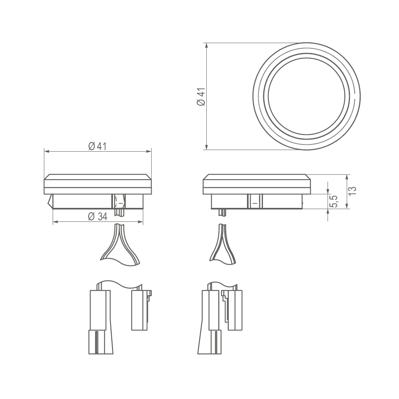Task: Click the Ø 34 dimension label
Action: click(x=98, y=217)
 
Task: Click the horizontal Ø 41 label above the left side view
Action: click(x=98, y=146)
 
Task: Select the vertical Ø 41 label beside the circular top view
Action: click(x=201, y=97)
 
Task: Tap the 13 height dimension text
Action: click(x=352, y=191)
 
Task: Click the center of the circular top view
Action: click(x=306, y=97)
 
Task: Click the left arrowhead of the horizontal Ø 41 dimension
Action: click(x=46, y=151)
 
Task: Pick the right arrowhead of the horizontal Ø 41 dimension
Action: click(x=149, y=151)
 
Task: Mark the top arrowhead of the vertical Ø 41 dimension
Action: click(x=207, y=45)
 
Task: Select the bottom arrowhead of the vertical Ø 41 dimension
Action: click(x=207, y=147)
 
